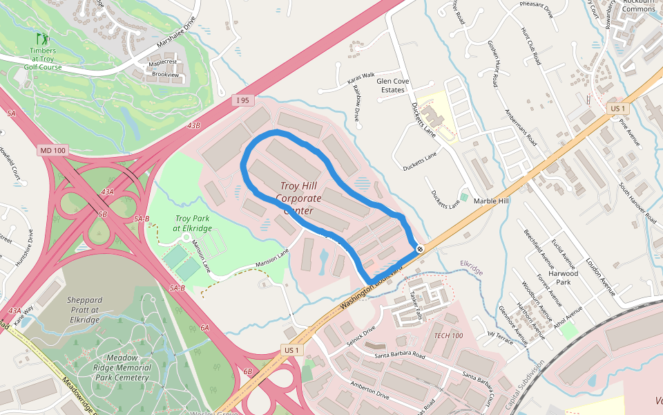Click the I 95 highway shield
pos(242,100)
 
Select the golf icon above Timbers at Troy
pos(42,39)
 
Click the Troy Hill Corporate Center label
pos(298,199)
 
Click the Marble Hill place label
pos(491,201)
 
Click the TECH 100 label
pos(448,335)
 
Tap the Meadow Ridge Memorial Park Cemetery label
pos(122,368)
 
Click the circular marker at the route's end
pos(420,249)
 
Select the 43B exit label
pos(193,125)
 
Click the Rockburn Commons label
pos(638,6)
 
